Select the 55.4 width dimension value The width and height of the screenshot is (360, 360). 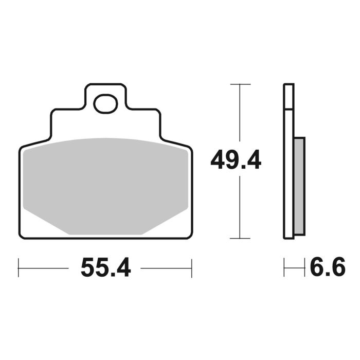[x=105, y=268]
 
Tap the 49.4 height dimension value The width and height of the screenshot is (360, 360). [x=236, y=161]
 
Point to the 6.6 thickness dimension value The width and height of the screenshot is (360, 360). [x=327, y=268]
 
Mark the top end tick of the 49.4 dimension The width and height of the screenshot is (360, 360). [x=240, y=84]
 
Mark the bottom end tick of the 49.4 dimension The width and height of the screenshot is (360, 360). [x=240, y=238]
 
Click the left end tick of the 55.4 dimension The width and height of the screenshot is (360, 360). [x=19, y=268]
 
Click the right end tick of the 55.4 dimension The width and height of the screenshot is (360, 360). [x=191, y=268]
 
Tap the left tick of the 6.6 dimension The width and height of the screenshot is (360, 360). [x=284, y=268]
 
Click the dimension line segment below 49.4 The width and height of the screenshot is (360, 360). [x=240, y=206]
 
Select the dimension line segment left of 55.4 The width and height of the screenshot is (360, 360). [x=44, y=268]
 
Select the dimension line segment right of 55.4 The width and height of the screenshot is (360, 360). [x=166, y=268]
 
